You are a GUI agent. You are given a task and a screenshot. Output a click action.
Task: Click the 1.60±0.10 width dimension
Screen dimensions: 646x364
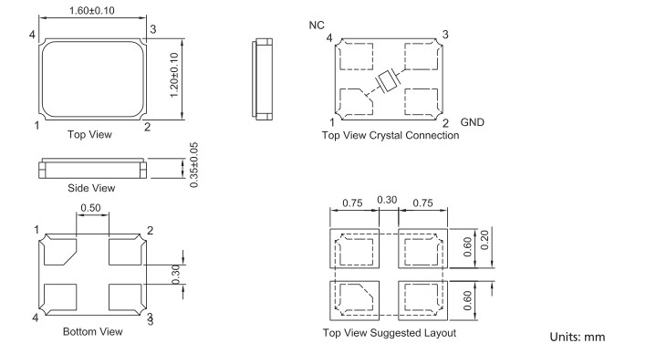92,10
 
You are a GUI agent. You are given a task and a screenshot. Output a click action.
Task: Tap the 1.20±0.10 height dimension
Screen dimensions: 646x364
174,75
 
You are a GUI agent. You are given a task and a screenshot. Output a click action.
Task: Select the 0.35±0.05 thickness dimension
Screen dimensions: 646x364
194,165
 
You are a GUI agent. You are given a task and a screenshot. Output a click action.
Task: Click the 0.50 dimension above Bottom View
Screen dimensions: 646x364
90,208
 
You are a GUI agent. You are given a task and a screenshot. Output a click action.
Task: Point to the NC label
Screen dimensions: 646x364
317,26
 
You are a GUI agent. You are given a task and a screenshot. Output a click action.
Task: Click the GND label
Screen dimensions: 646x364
472,122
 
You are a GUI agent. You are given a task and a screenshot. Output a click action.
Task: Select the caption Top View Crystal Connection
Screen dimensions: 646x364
391,135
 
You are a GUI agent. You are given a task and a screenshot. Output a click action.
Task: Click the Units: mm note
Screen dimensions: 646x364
578,337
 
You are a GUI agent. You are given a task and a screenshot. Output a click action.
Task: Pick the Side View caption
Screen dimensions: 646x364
91,188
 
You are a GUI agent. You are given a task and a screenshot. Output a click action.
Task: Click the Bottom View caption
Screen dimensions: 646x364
93,332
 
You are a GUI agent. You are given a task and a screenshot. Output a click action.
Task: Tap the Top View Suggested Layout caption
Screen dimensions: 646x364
390,333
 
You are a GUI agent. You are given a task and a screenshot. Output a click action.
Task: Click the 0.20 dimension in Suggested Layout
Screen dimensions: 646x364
484,240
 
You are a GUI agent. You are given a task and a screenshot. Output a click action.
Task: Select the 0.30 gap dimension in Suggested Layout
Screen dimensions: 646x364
387,200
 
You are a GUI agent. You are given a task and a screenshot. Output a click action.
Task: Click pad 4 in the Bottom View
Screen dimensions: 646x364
60,296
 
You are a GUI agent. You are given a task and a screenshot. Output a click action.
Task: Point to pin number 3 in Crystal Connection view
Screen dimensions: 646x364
445,35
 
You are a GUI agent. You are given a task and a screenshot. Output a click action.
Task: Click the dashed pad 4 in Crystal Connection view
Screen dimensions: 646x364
356,57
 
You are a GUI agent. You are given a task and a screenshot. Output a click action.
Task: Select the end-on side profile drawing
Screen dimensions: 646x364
262,79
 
